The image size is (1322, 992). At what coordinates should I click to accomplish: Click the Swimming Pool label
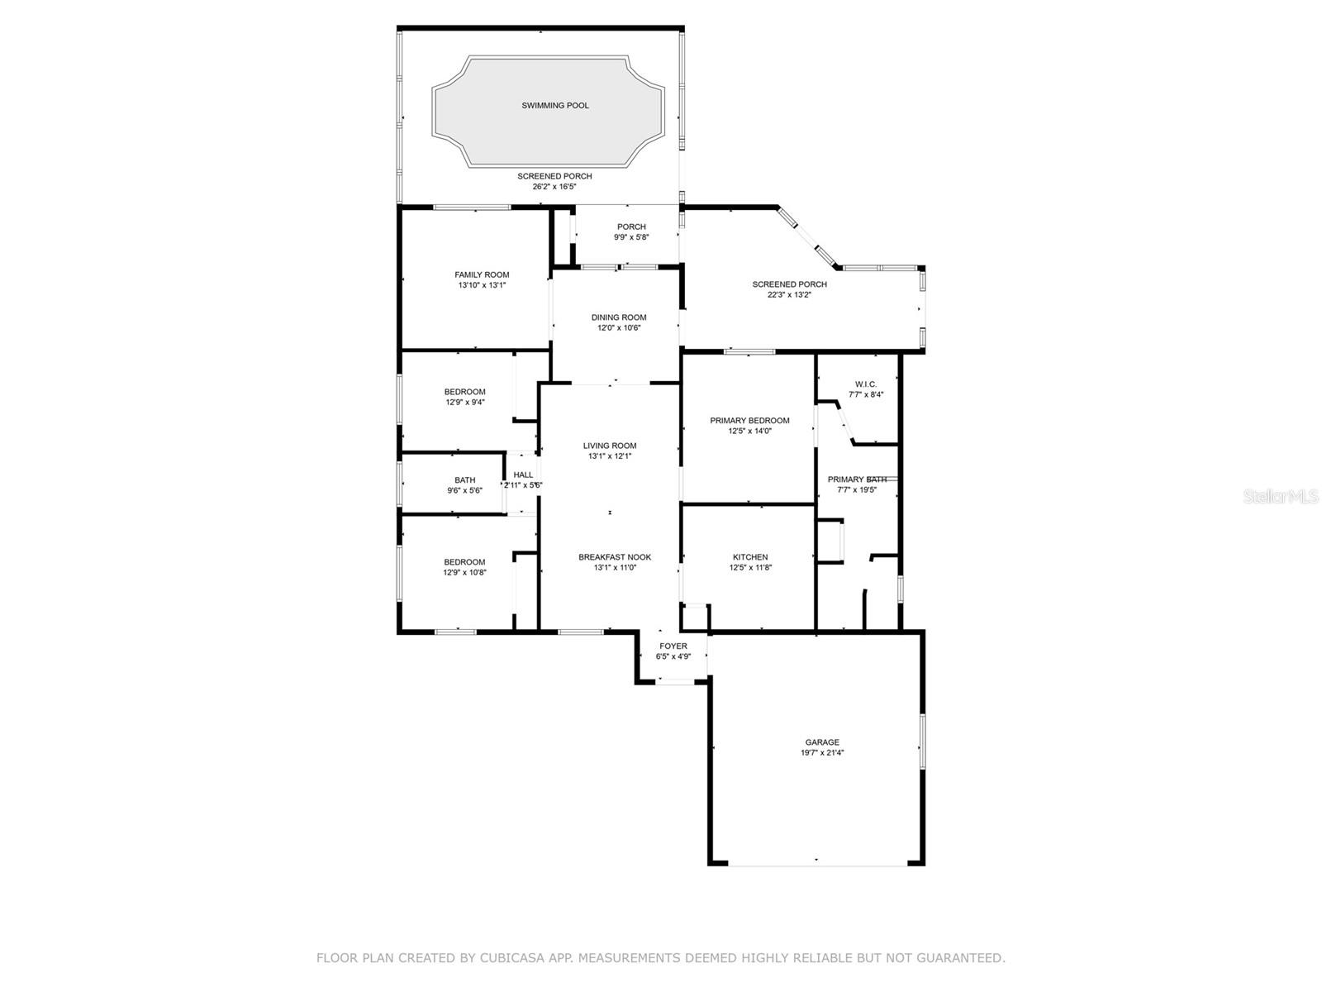[x=554, y=106]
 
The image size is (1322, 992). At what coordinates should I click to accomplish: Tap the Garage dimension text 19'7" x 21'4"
[x=821, y=753]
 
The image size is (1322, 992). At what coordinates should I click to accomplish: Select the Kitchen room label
[x=749, y=557]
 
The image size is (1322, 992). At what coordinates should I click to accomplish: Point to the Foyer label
[x=673, y=646]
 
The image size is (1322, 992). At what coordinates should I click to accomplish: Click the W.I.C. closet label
[x=865, y=384]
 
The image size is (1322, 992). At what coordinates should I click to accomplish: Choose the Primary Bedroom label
[x=749, y=421]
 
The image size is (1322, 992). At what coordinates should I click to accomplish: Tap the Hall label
[x=523, y=475]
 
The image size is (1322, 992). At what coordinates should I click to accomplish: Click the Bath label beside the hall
[x=464, y=480]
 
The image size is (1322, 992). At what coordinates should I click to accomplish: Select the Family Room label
[x=482, y=275]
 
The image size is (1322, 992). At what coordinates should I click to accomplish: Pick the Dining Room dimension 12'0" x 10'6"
[x=619, y=328]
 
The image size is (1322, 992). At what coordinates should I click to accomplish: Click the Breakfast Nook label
[x=614, y=557]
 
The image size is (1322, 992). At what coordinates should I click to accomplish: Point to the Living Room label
[x=610, y=446]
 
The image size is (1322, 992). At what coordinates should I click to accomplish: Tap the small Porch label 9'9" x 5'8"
[x=631, y=227]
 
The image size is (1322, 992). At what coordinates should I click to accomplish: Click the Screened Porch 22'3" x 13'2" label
[x=789, y=284]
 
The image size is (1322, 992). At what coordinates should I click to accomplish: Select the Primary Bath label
[x=857, y=479]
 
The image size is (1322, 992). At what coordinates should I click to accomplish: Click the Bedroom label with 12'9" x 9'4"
[x=464, y=392]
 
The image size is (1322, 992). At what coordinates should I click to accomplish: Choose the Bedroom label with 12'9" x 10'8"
[x=464, y=562]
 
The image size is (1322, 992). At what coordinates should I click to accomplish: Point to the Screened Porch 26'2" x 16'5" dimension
[x=554, y=187]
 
